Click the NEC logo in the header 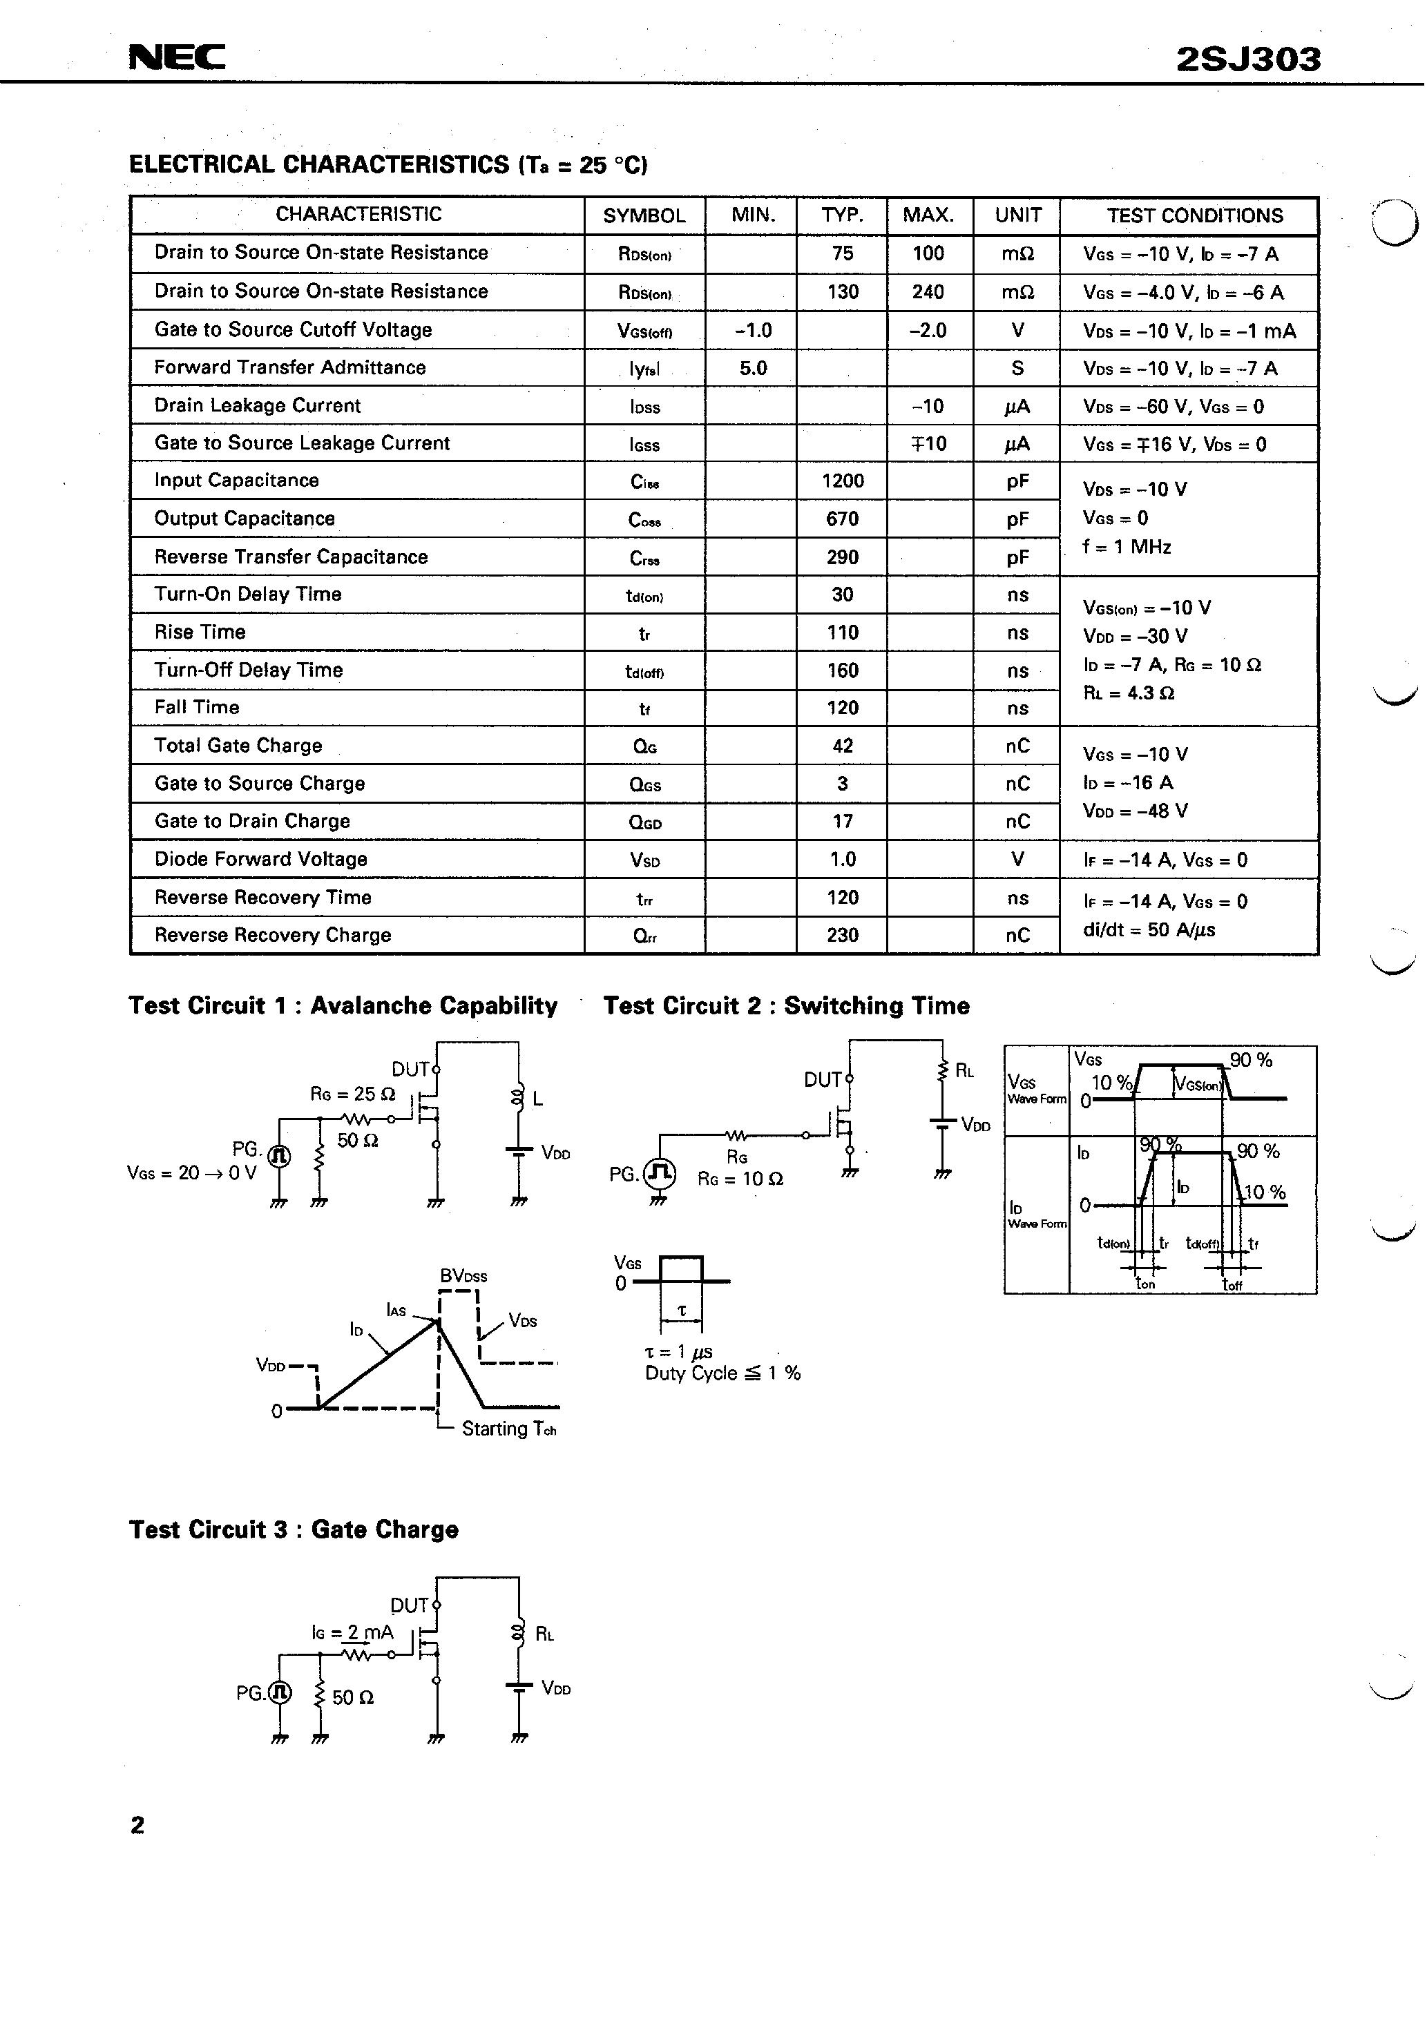coord(177,57)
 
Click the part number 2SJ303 coord(1247,59)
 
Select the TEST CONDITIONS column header coord(1194,215)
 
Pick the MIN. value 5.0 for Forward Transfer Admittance coord(753,369)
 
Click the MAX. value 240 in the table coord(928,292)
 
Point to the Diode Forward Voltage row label coord(260,859)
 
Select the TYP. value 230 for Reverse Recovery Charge coord(842,935)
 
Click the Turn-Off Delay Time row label coord(248,670)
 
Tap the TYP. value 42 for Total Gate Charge coord(842,746)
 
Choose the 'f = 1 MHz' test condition coord(1127,547)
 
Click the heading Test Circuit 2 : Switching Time coord(785,1006)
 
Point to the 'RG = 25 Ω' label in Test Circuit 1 coord(352,1094)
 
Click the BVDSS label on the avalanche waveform coord(463,1276)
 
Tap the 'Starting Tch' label coord(508,1429)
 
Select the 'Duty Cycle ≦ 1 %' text coord(722,1373)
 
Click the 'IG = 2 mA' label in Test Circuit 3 coord(352,1633)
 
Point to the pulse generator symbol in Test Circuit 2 coord(660,1172)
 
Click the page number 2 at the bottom coord(137,1826)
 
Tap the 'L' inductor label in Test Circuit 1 coord(537,1099)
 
